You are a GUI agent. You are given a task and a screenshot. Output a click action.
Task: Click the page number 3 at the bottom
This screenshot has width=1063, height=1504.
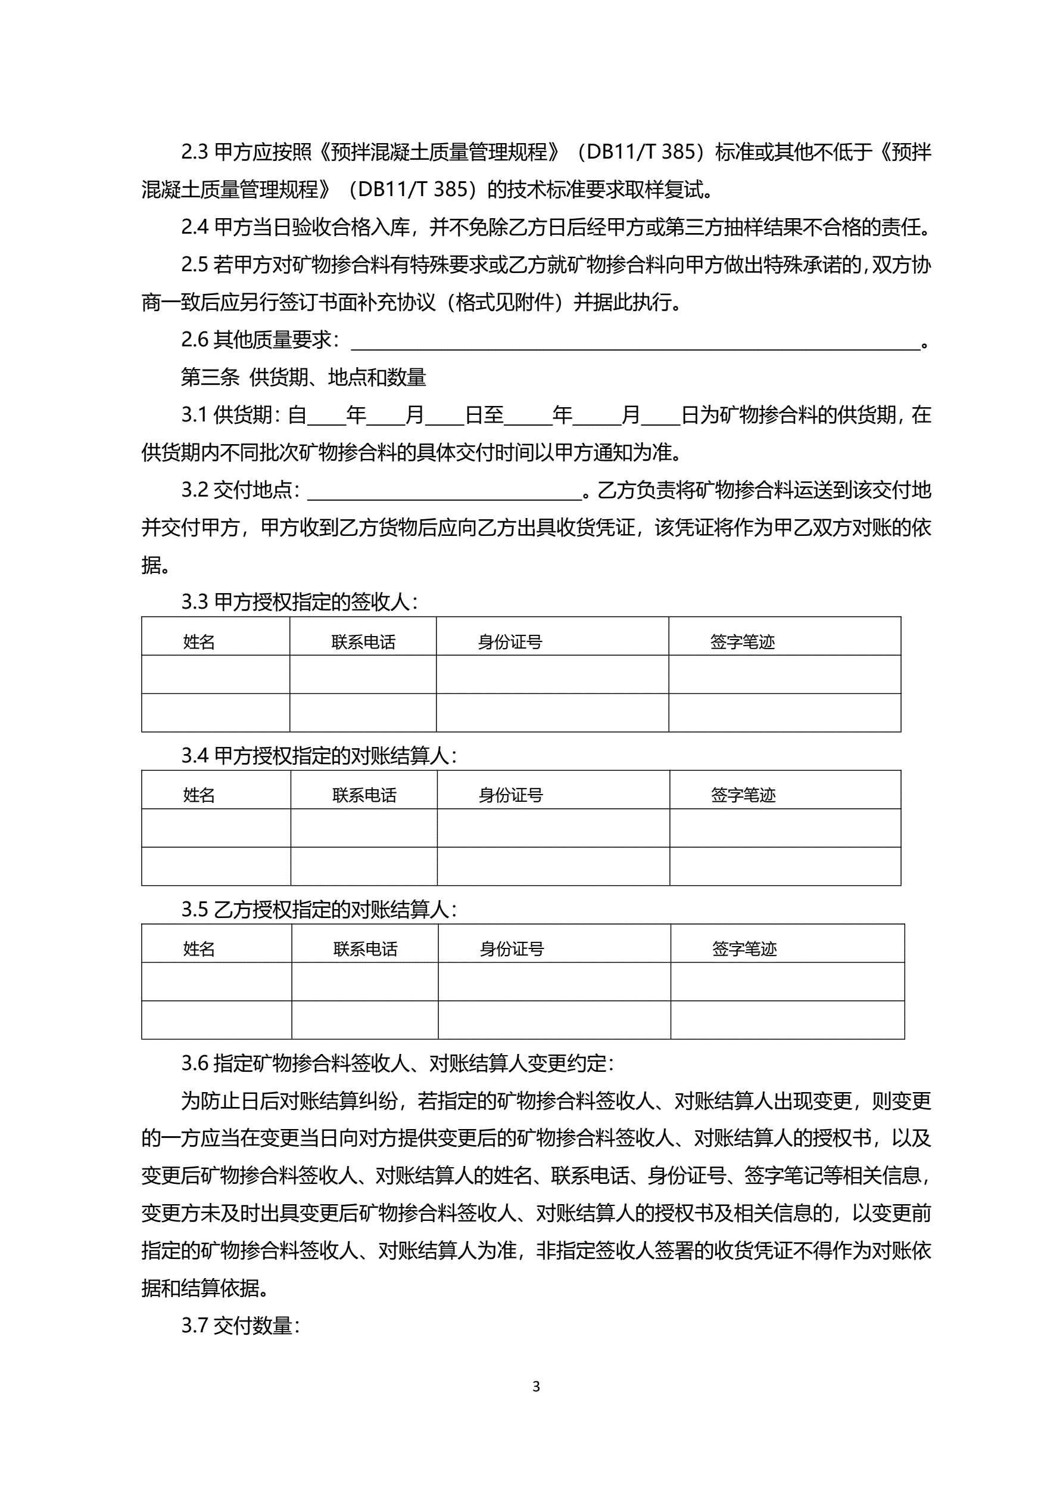(536, 1386)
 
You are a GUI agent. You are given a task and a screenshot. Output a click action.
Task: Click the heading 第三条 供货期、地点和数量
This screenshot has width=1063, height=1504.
(303, 377)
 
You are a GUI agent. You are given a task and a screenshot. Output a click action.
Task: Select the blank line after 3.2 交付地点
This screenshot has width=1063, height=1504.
(444, 491)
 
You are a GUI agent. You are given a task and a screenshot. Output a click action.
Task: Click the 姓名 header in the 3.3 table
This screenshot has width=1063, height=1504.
(199, 642)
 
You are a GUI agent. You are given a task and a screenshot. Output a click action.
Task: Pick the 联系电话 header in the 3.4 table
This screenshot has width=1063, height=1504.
(364, 795)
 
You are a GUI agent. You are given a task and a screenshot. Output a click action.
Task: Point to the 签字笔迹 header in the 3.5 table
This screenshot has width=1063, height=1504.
(744, 949)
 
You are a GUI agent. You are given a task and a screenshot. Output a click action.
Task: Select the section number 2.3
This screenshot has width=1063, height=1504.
(194, 152)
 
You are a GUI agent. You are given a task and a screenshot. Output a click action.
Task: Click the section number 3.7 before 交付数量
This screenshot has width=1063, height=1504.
(194, 1326)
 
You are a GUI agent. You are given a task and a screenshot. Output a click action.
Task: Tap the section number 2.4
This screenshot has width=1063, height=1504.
(194, 227)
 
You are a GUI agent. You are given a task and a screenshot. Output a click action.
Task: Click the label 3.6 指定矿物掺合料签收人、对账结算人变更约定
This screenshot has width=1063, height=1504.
(397, 1063)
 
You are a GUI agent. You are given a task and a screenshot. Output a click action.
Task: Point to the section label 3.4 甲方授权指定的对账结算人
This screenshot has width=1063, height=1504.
(319, 756)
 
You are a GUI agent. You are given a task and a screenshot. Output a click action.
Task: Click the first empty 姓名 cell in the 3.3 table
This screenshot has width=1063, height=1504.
(216, 674)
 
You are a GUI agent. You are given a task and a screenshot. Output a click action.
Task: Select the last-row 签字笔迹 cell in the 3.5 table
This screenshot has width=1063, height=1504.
(787, 1020)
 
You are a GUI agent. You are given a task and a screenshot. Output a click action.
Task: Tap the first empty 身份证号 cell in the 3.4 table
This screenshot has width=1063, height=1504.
(553, 828)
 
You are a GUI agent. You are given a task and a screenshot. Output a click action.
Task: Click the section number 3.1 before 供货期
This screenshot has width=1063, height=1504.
(194, 415)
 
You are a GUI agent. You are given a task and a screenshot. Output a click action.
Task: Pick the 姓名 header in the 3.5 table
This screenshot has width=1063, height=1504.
(199, 949)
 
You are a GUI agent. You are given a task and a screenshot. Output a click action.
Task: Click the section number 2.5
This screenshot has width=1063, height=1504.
(194, 265)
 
